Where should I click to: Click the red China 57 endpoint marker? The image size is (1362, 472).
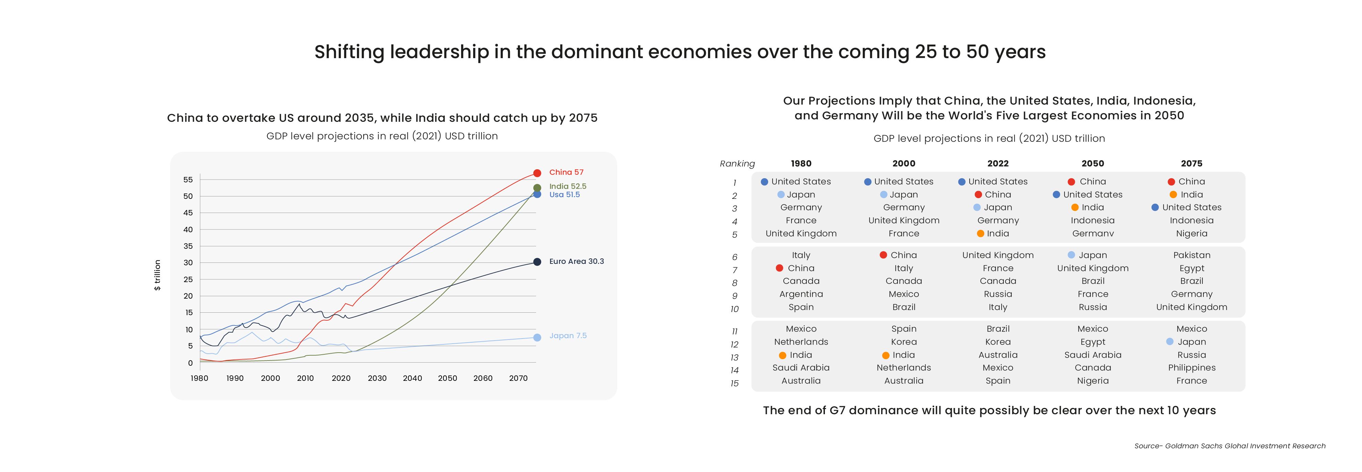(x=537, y=173)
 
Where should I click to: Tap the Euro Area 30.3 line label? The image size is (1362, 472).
(x=576, y=261)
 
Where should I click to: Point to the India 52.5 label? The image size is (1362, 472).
(x=567, y=186)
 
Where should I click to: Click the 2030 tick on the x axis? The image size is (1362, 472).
(x=377, y=378)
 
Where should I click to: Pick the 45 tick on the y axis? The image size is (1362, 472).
(x=188, y=213)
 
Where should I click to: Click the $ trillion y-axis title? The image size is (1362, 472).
(x=157, y=275)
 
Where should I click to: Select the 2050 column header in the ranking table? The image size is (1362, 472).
(x=1092, y=163)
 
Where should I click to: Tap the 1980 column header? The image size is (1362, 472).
(x=801, y=163)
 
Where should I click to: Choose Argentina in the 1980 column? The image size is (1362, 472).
(x=801, y=294)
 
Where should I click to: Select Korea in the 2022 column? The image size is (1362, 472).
(x=998, y=342)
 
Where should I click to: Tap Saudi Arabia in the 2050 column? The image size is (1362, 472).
(x=1092, y=355)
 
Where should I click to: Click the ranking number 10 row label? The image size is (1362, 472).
(x=734, y=309)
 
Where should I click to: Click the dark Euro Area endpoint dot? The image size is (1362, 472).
(x=537, y=262)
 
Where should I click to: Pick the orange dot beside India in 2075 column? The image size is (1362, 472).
(x=1173, y=195)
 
